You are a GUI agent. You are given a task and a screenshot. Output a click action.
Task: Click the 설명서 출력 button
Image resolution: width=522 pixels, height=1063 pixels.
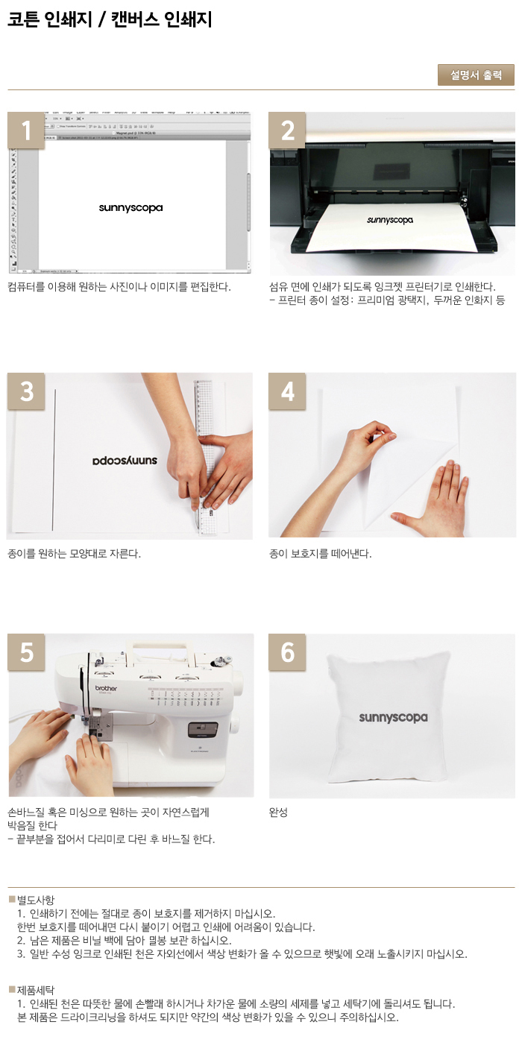pyautogui.click(x=476, y=75)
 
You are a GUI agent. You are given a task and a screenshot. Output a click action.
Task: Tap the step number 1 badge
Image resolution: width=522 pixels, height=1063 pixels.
pyautogui.click(x=26, y=130)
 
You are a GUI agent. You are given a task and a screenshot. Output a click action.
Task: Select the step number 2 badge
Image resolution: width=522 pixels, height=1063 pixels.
pyautogui.click(x=287, y=130)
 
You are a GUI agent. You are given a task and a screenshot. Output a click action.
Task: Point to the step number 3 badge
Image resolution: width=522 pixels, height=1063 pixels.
pyautogui.click(x=26, y=391)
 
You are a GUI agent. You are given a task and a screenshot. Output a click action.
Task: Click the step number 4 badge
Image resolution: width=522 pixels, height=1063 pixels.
pyautogui.click(x=287, y=391)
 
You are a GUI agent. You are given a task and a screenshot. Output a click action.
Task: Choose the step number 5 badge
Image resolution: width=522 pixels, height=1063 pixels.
pyautogui.click(x=26, y=652)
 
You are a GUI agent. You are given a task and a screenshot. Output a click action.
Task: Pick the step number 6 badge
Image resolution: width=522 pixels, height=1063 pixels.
pyautogui.click(x=287, y=652)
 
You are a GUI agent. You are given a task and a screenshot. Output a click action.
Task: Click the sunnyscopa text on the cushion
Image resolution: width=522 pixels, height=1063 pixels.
pyautogui.click(x=393, y=718)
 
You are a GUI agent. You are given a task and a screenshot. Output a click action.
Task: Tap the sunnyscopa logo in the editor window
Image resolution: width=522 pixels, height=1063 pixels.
pyautogui.click(x=130, y=208)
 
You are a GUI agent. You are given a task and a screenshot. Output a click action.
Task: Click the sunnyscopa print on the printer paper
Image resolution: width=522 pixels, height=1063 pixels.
pyautogui.click(x=389, y=220)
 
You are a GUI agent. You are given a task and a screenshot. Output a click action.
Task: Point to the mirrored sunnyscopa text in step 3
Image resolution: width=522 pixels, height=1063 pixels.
pyautogui.click(x=125, y=461)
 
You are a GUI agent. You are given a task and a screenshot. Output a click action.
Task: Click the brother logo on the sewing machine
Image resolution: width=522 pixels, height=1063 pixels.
pyautogui.click(x=106, y=688)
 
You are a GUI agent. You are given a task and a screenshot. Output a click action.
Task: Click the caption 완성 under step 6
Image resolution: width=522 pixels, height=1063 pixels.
pyautogui.click(x=278, y=812)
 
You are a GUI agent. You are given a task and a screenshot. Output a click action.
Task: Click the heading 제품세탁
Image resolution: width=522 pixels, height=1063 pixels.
pyautogui.click(x=36, y=991)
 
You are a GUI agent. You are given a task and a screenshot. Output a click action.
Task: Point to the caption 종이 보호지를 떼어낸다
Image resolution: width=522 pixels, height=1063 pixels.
pyautogui.click(x=321, y=553)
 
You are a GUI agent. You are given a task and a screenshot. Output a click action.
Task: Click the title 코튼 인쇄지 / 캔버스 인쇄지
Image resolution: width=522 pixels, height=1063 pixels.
pyautogui.click(x=110, y=19)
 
